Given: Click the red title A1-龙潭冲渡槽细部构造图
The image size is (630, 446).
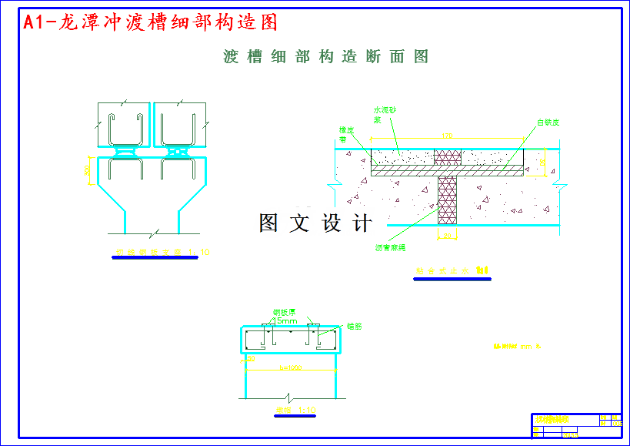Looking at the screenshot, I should (150, 23).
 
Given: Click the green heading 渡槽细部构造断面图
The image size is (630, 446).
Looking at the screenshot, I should (325, 57).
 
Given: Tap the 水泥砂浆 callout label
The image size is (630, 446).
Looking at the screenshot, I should (384, 115).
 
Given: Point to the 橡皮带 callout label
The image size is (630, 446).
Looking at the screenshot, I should (347, 134).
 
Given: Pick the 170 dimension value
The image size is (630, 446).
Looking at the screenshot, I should (447, 136).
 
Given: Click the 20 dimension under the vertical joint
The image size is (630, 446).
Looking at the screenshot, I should (447, 236).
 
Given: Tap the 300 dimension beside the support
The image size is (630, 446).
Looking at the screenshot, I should (87, 169).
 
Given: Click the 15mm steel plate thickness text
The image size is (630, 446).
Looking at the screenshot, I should (285, 320).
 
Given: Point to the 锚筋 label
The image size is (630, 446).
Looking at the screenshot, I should (354, 327).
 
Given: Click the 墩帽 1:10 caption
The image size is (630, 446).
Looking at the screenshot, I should (295, 410).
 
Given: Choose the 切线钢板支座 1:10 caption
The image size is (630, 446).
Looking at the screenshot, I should (162, 252).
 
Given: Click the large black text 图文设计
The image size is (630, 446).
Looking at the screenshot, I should (315, 223).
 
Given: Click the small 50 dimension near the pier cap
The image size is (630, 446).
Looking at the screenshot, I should (251, 359).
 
